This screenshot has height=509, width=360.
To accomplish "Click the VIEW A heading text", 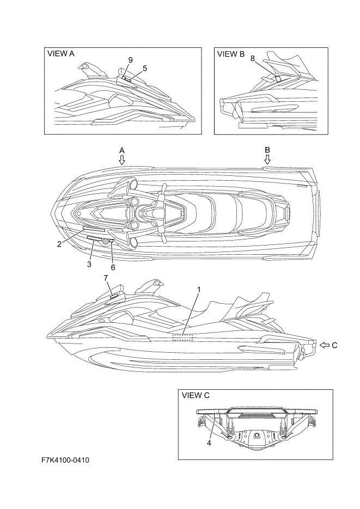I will pyautogui.click(x=61, y=54).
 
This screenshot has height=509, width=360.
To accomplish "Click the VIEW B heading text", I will pyautogui.click(x=231, y=54).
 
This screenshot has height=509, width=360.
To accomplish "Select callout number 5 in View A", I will pyautogui.click(x=145, y=68).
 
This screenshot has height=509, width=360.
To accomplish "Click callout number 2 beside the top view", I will pyautogui.click(x=58, y=244).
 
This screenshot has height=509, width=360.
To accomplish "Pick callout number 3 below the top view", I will pyautogui.click(x=89, y=263).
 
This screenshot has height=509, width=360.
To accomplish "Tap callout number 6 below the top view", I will pyautogui.click(x=113, y=267).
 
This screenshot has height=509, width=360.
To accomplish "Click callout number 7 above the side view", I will pyautogui.click(x=106, y=278).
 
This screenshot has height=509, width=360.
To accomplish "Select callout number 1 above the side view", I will pyautogui.click(x=199, y=289).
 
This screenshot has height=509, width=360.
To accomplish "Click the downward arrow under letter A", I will pyautogui.click(x=122, y=160).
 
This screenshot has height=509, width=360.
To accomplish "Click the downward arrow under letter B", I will pyautogui.click(x=267, y=159).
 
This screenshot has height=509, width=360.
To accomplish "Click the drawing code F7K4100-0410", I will pyautogui.click(x=65, y=461).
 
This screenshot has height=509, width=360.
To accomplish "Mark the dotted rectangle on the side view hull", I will pyautogui.click(x=182, y=338).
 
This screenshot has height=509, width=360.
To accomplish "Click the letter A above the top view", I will pyautogui.click(x=122, y=149).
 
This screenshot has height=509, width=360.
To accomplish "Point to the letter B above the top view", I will pyautogui.click(x=267, y=149).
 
